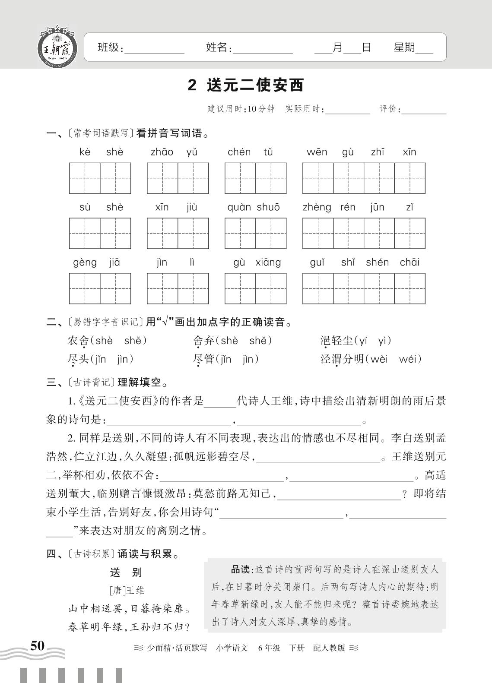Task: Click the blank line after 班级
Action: pyautogui.click(x=154, y=49)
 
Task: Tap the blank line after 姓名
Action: pyautogui.click(x=263, y=49)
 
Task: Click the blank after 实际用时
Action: pyautogui.click(x=347, y=110)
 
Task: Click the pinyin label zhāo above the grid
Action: pyautogui.click(x=162, y=152)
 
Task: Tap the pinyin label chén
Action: pyautogui.click(x=239, y=152)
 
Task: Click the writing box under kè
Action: pyautogui.click(x=85, y=178)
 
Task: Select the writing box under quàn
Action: pyautogui.click(x=240, y=233)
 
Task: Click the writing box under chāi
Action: pyautogui.click(x=409, y=288)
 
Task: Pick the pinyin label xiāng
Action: pyautogui.click(x=268, y=262)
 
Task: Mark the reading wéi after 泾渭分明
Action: pyautogui.click(x=408, y=359)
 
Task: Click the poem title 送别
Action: pyautogui.click(x=126, y=572)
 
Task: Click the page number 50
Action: pyautogui.click(x=37, y=646)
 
